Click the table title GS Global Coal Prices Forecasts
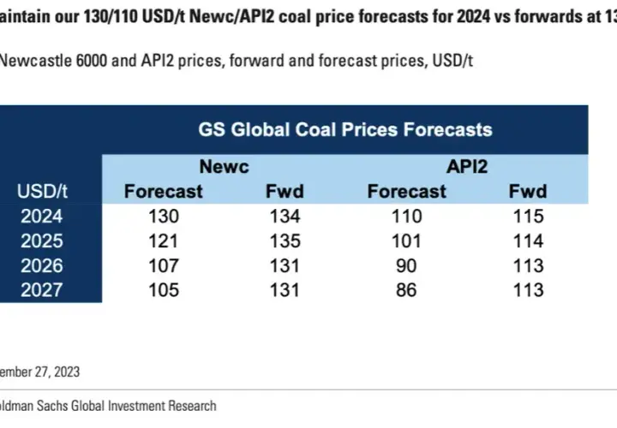pos(345,130)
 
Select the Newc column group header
pos(225,167)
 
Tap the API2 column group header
pos(467,167)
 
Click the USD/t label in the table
pos(42,192)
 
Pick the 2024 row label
pos(42,217)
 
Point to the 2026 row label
pos(42,265)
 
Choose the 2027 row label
pos(42,290)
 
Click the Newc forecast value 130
pos(164,217)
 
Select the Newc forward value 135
pos(285,241)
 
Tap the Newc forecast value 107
pos(164,265)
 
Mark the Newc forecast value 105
pos(164,290)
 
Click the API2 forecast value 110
pos(407,217)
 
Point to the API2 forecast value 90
pos(406,265)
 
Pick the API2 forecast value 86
pos(406,290)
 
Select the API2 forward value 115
pos(529,217)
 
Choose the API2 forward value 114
pos(529,241)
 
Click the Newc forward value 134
pos(285,217)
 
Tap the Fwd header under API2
pos(528,192)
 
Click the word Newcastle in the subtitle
pos(34,61)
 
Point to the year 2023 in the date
pos(67,372)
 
